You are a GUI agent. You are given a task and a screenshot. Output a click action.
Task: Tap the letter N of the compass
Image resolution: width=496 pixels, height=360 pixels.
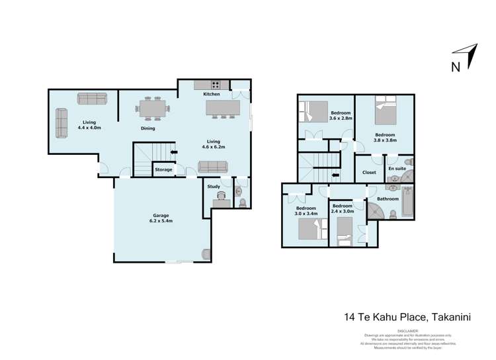[x=455, y=66]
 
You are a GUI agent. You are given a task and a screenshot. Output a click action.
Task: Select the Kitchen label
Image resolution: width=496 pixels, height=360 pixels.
[x=212, y=95]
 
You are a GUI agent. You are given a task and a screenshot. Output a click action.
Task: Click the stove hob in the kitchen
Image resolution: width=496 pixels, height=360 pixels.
[x=216, y=84]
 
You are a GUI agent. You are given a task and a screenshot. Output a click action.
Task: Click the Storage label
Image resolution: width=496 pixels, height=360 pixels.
[x=163, y=170]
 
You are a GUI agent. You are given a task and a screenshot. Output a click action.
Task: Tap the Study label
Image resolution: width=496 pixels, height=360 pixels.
[x=214, y=187]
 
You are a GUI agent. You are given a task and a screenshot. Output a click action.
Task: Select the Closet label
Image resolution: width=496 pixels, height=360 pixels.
[x=369, y=173]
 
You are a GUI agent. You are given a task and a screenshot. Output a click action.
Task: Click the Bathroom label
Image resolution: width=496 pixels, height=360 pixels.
[x=388, y=199]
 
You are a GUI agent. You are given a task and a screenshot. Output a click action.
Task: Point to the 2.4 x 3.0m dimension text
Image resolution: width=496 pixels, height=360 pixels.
[x=343, y=211]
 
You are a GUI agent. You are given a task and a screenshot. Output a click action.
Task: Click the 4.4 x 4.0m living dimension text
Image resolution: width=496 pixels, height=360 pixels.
[x=89, y=127]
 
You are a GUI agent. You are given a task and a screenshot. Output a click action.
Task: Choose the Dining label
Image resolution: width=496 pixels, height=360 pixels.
[x=147, y=128]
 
